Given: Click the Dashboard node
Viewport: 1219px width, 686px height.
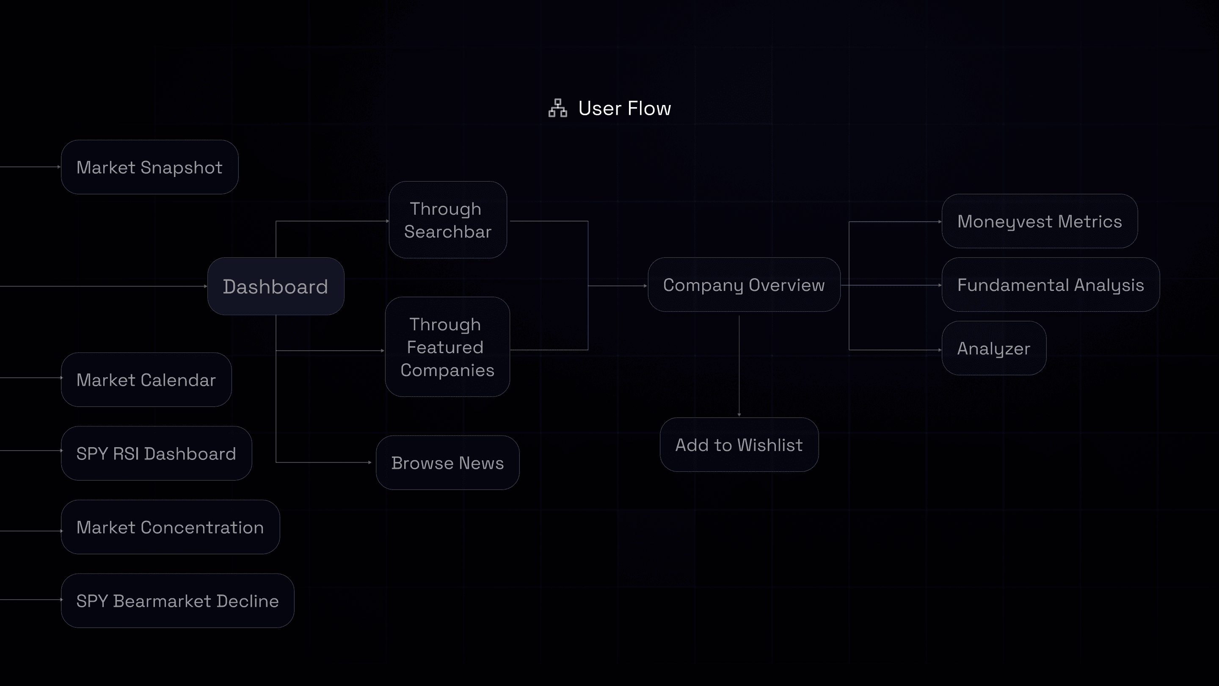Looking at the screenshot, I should coord(276,286).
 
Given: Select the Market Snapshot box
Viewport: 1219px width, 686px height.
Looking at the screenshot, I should coord(149,167).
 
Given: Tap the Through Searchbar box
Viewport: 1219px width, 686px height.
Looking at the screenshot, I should coord(448,220).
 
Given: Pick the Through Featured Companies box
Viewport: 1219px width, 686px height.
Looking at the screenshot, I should coord(447,347).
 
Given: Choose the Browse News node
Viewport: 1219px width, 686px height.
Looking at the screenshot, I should coord(447,462).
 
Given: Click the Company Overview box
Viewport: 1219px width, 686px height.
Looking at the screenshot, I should coord(743,285).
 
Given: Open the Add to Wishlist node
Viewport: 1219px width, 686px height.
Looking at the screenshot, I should coord(739,445).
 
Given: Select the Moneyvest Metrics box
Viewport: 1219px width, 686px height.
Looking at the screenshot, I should coord(1039,221).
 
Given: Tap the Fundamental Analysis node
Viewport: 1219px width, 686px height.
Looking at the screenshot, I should coord(1050,285).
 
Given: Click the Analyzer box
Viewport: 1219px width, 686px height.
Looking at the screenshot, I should coord(993,349).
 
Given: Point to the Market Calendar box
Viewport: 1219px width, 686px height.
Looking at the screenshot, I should coord(146,380).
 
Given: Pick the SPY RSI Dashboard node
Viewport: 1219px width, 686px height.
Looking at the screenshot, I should coord(156,454).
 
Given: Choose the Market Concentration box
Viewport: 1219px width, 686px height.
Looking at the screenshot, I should coord(170,527).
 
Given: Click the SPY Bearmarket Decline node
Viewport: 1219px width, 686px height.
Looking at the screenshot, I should coord(177,601).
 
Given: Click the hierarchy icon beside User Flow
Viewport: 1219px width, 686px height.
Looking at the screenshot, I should coord(557,108).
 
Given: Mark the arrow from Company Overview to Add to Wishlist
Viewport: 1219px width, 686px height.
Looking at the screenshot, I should coord(739,365).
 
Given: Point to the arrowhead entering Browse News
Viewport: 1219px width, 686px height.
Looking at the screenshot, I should coord(370,462).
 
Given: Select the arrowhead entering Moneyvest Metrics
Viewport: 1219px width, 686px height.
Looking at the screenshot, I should coord(939,221).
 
